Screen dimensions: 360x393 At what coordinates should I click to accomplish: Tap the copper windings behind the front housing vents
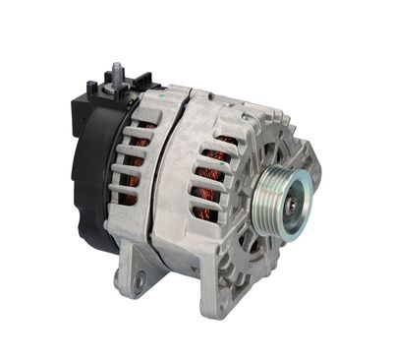pos(212,182)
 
